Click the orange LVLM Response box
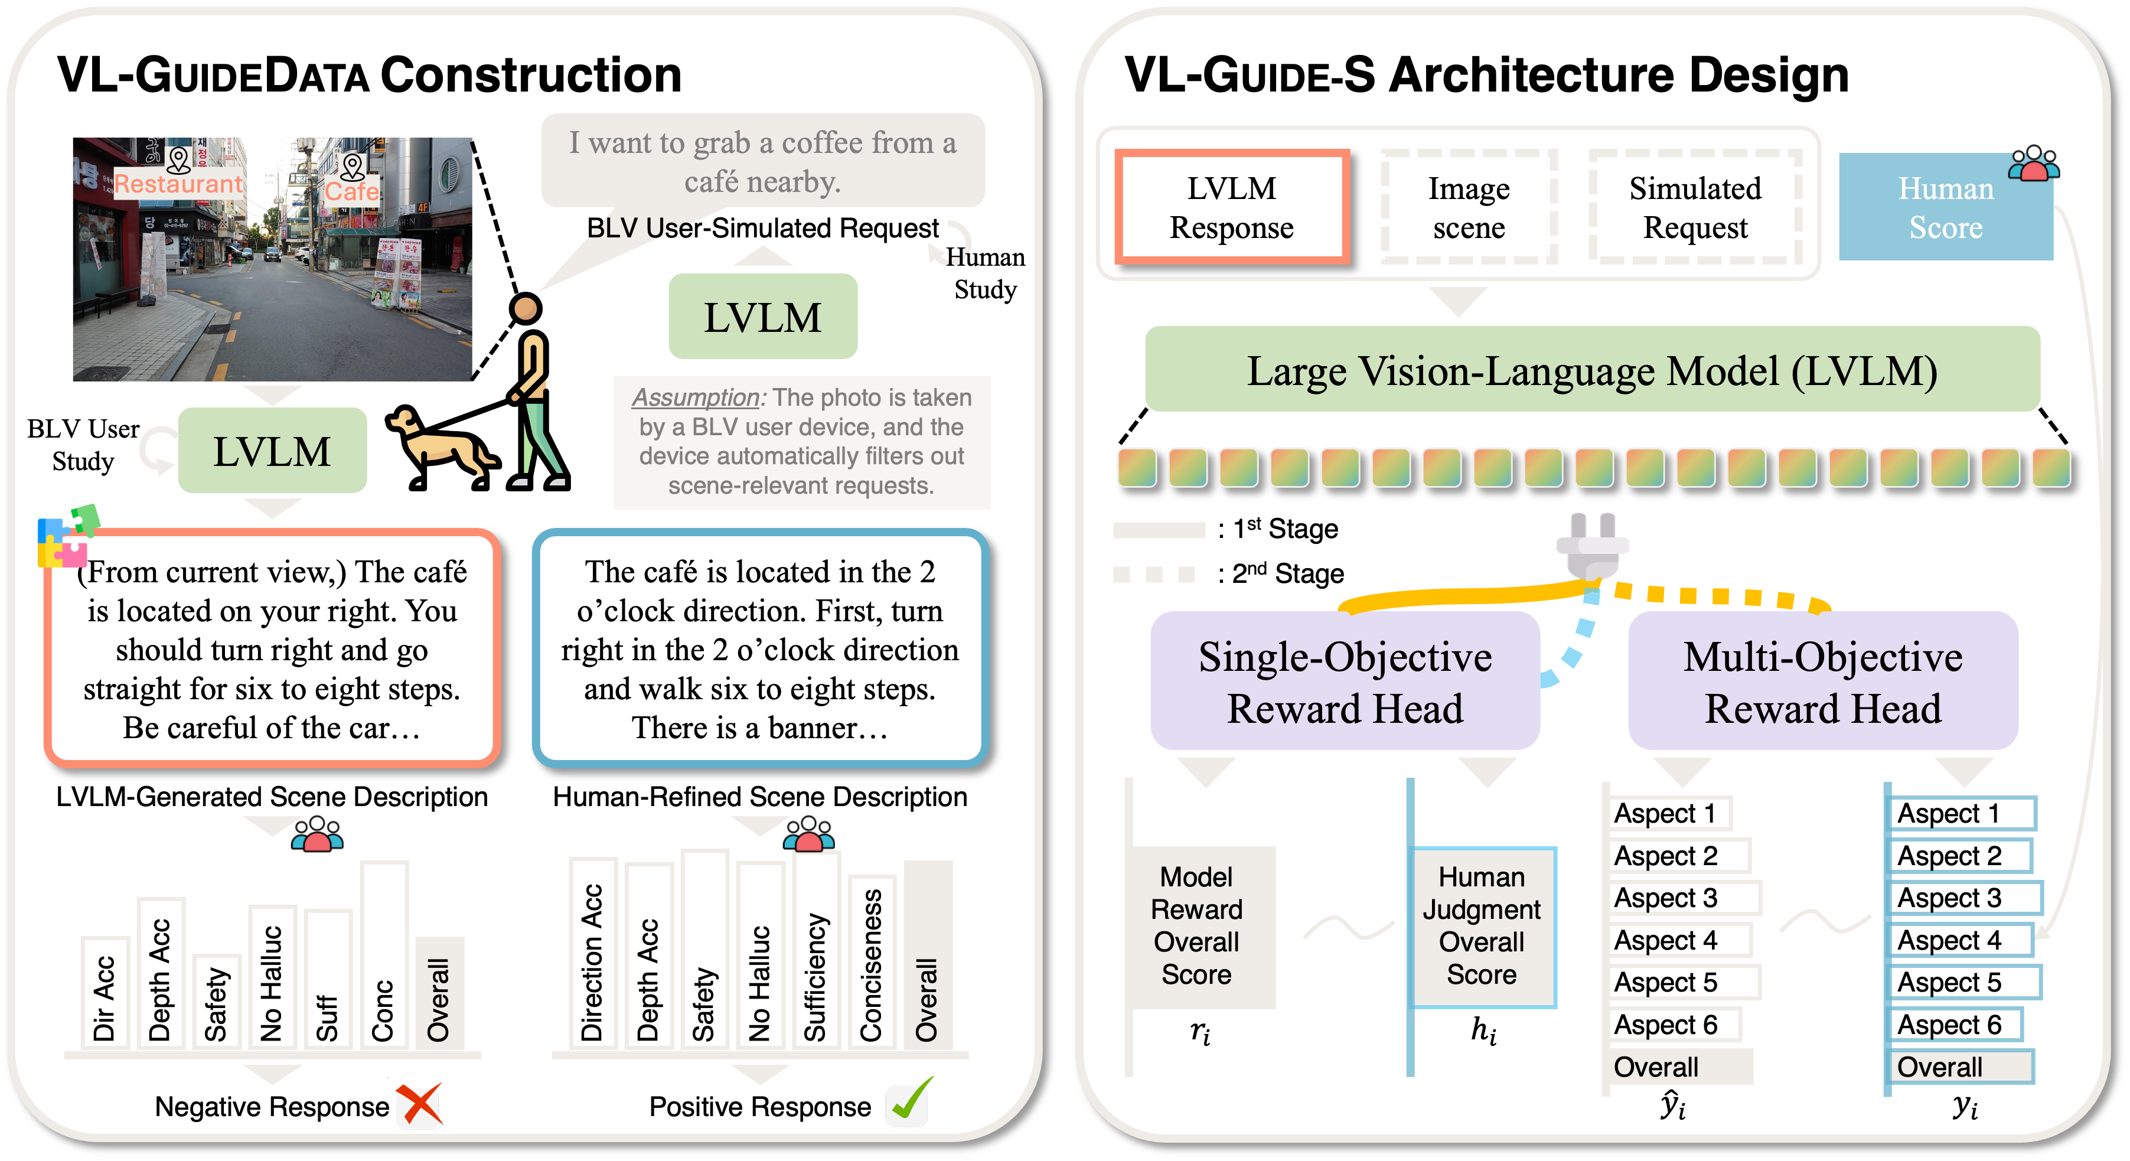1231,207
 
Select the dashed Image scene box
1469,207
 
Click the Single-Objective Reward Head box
1345,681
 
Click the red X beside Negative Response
420,1104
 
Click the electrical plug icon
1591,546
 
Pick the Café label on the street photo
351,191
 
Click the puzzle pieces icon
66,537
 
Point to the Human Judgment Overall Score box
1482,926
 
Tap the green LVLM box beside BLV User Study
272,451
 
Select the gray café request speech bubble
762,161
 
